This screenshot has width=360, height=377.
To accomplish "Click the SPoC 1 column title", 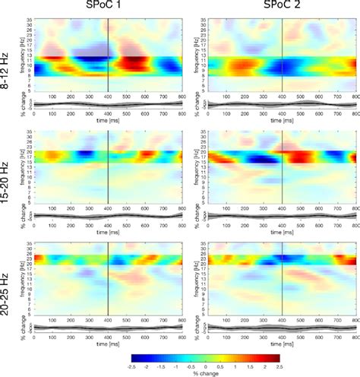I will [108, 6].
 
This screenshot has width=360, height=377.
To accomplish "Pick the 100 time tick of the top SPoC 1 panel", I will [52, 96].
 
